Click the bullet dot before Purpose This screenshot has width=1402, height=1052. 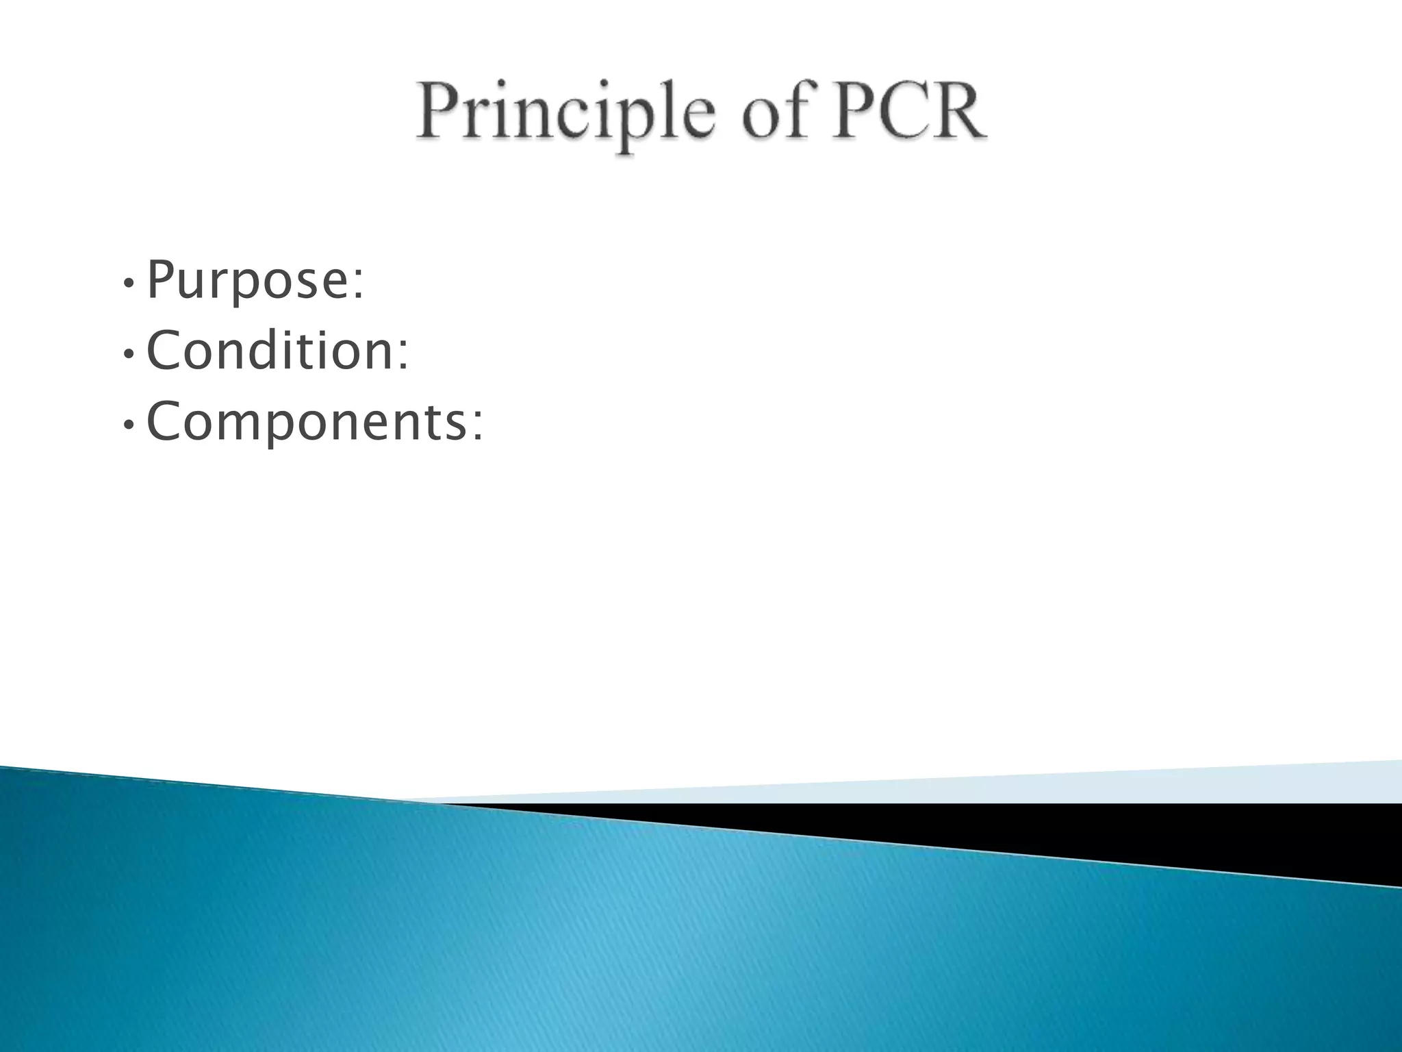(x=128, y=284)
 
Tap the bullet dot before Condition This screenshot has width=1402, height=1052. (x=128, y=355)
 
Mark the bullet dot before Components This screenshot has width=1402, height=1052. (x=128, y=425)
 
